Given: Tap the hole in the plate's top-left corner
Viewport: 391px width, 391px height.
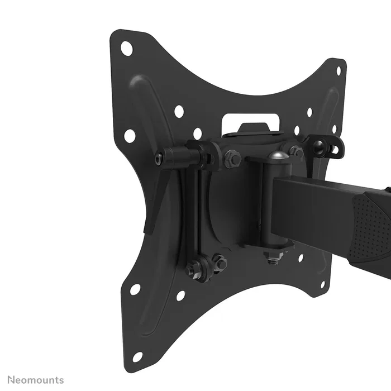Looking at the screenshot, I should point(127,49).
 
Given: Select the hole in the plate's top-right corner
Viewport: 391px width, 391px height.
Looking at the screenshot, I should point(338,71).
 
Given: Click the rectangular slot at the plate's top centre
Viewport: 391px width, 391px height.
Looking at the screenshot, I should point(251,123).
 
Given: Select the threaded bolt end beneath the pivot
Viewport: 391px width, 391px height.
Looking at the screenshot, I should point(273,258).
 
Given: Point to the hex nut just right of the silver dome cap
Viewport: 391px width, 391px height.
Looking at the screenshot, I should point(297,152).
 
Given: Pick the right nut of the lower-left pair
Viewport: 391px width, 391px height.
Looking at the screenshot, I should point(218,263).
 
